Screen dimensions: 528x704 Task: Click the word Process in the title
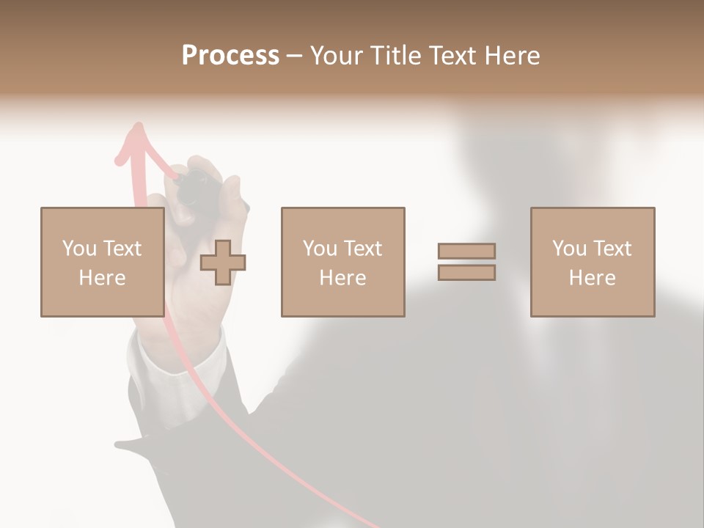pyautogui.click(x=230, y=56)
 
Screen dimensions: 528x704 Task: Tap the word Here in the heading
pyautogui.click(x=510, y=56)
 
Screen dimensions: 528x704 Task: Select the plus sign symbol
pyautogui.click(x=223, y=263)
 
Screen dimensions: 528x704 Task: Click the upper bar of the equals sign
pyautogui.click(x=466, y=251)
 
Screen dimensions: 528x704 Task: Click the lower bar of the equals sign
pyautogui.click(x=466, y=273)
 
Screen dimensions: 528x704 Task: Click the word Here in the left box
pyautogui.click(x=102, y=278)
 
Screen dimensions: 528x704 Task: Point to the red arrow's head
pyautogui.click(x=136, y=136)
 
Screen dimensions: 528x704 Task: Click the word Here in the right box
pyautogui.click(x=592, y=278)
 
